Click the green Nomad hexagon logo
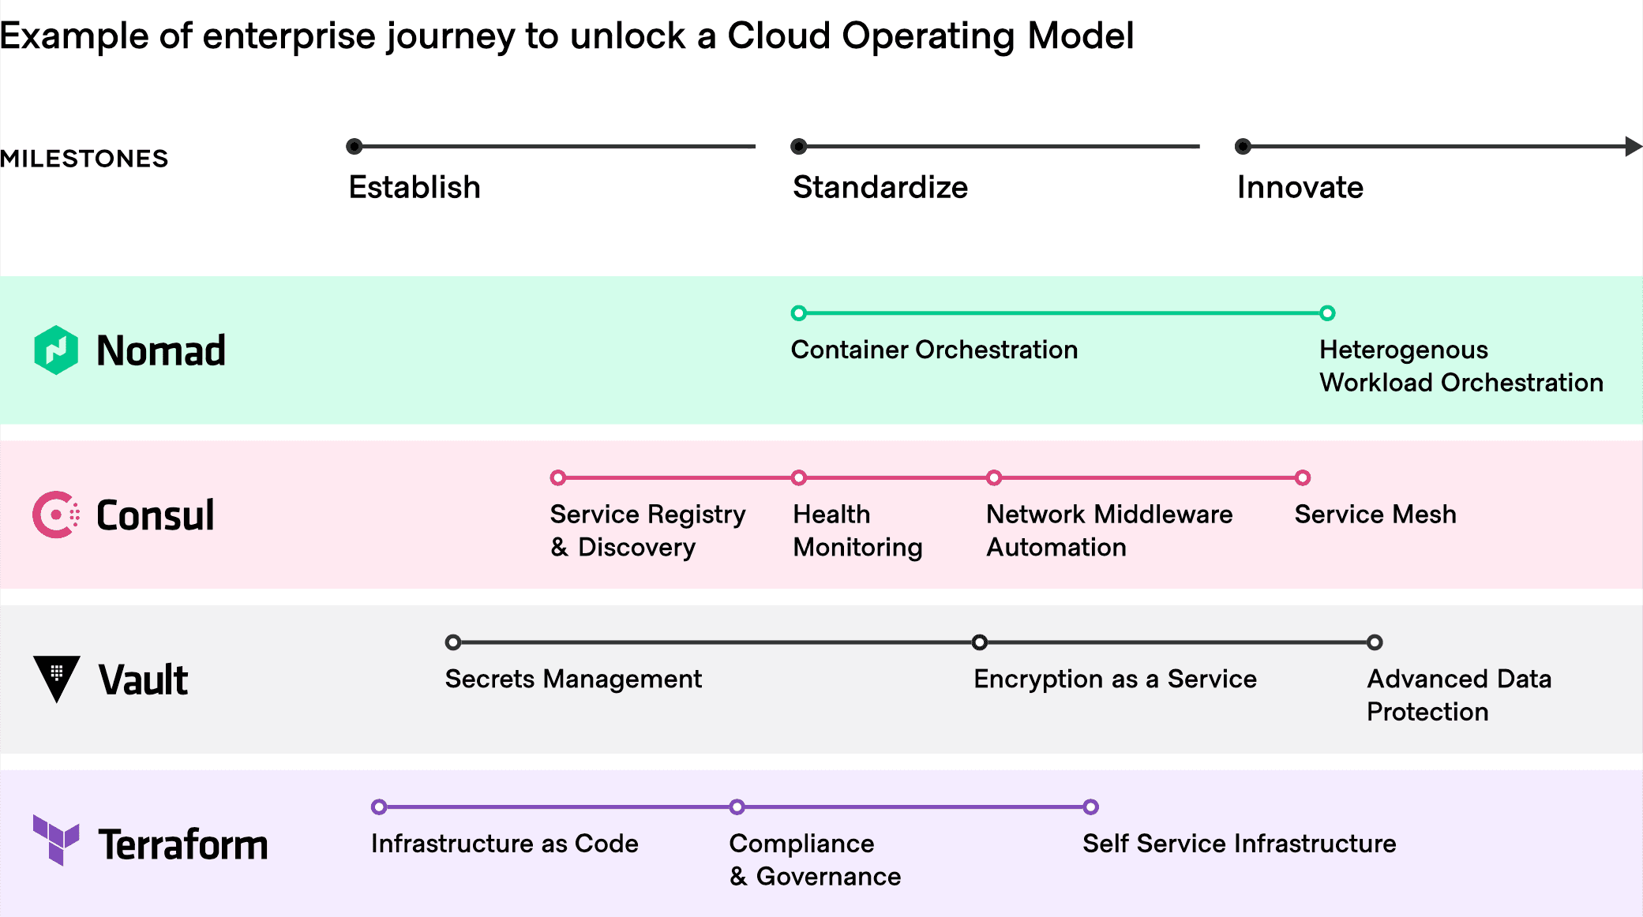[x=56, y=350]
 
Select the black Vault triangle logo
[x=56, y=678]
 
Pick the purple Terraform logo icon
[x=56, y=840]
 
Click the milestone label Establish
[x=415, y=188]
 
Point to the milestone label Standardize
[x=880, y=188]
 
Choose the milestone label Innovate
[x=1300, y=188]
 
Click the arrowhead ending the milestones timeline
[x=1634, y=146]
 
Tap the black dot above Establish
[x=354, y=146]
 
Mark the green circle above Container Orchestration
[x=799, y=313]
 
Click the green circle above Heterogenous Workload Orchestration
[x=1328, y=313]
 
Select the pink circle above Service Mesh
[x=1303, y=477]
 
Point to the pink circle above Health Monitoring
[x=799, y=477]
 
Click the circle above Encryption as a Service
[x=980, y=642]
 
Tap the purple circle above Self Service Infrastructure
[x=1091, y=807]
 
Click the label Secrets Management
[x=573, y=679]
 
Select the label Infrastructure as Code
[x=505, y=844]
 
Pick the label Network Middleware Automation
[x=1109, y=530]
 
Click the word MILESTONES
[x=84, y=159]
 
